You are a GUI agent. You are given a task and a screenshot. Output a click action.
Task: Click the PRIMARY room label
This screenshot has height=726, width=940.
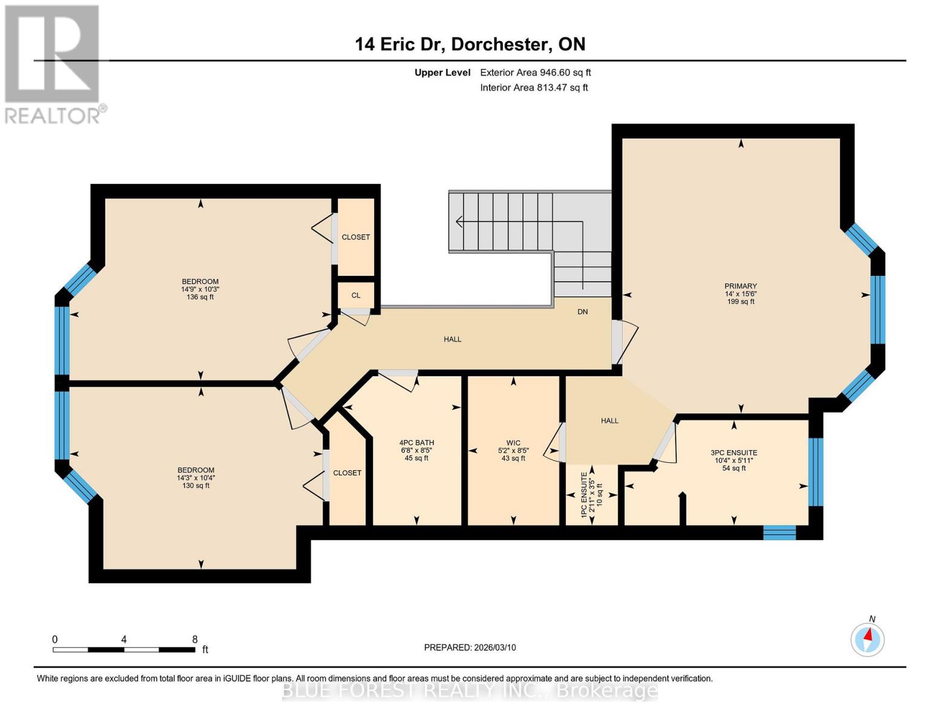pyautogui.click(x=740, y=286)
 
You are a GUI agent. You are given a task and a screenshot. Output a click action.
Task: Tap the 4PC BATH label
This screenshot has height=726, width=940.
pyautogui.click(x=416, y=443)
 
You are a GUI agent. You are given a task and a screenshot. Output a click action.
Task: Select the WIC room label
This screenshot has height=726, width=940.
pyautogui.click(x=513, y=443)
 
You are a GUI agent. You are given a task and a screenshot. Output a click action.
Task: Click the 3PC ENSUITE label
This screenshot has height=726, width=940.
pyautogui.click(x=734, y=453)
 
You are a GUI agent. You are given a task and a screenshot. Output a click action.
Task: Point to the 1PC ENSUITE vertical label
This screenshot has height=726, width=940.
pyautogui.click(x=584, y=495)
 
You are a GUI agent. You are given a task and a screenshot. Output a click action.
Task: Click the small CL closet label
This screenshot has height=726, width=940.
pyautogui.click(x=356, y=295)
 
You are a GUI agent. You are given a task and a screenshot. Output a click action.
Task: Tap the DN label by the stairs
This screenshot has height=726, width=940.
pyautogui.click(x=582, y=312)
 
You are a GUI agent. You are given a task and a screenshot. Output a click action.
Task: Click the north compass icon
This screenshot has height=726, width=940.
pyautogui.click(x=867, y=639)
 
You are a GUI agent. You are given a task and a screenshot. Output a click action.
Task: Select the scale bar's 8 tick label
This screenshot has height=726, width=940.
pyautogui.click(x=195, y=639)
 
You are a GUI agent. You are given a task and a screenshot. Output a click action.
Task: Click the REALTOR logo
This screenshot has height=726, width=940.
pyautogui.click(x=53, y=64)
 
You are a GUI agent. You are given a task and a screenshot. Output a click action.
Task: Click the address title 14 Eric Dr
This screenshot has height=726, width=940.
pyautogui.click(x=470, y=44)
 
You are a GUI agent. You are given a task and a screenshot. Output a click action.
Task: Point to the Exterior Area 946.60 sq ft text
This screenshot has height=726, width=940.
pyautogui.click(x=535, y=73)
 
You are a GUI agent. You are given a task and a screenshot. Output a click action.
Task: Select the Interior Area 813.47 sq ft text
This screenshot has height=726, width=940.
pyautogui.click(x=534, y=88)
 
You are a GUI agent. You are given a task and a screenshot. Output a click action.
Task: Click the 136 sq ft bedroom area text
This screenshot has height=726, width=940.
pyautogui.click(x=200, y=297)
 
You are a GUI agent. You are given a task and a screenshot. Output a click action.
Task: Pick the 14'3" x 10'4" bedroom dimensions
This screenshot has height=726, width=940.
pyautogui.click(x=196, y=478)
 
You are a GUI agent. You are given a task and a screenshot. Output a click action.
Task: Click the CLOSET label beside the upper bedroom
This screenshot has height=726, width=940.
pyautogui.click(x=355, y=237)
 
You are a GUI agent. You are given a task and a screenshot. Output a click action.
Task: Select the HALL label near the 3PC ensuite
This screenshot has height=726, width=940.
pyautogui.click(x=610, y=420)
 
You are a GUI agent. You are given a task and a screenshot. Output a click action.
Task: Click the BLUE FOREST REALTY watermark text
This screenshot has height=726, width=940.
pyautogui.click(x=470, y=690)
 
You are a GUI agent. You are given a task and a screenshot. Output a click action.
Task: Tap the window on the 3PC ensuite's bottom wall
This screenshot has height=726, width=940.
pyautogui.click(x=779, y=532)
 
